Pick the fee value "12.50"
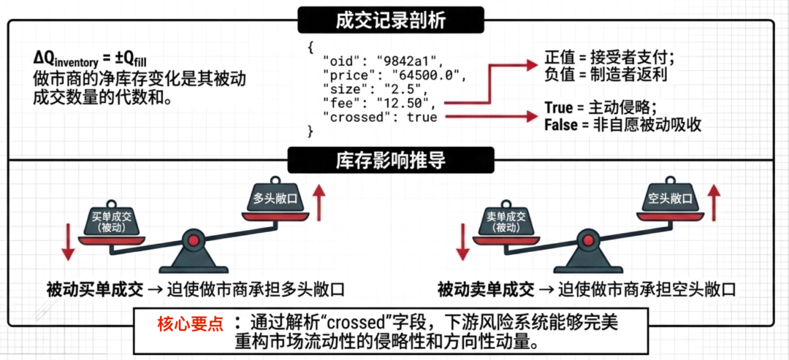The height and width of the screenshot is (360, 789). tap(405, 104)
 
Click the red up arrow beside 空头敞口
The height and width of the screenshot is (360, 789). tap(715, 202)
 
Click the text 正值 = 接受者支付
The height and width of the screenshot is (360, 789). tap(609, 58)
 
